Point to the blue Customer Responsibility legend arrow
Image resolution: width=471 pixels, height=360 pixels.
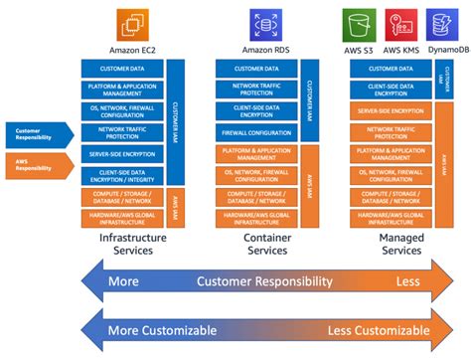pyautogui.click(x=39, y=133)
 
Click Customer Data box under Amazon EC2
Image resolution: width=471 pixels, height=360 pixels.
pyautogui.click(x=123, y=69)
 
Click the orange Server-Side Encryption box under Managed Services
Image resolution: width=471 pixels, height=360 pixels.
pyautogui.click(x=390, y=112)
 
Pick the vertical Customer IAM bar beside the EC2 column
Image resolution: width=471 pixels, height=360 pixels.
pyautogui.click(x=175, y=120)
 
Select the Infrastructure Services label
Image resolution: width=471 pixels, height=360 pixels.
pyautogui.click(x=133, y=245)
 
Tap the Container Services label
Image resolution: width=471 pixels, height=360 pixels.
pyautogui.click(x=266, y=245)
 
